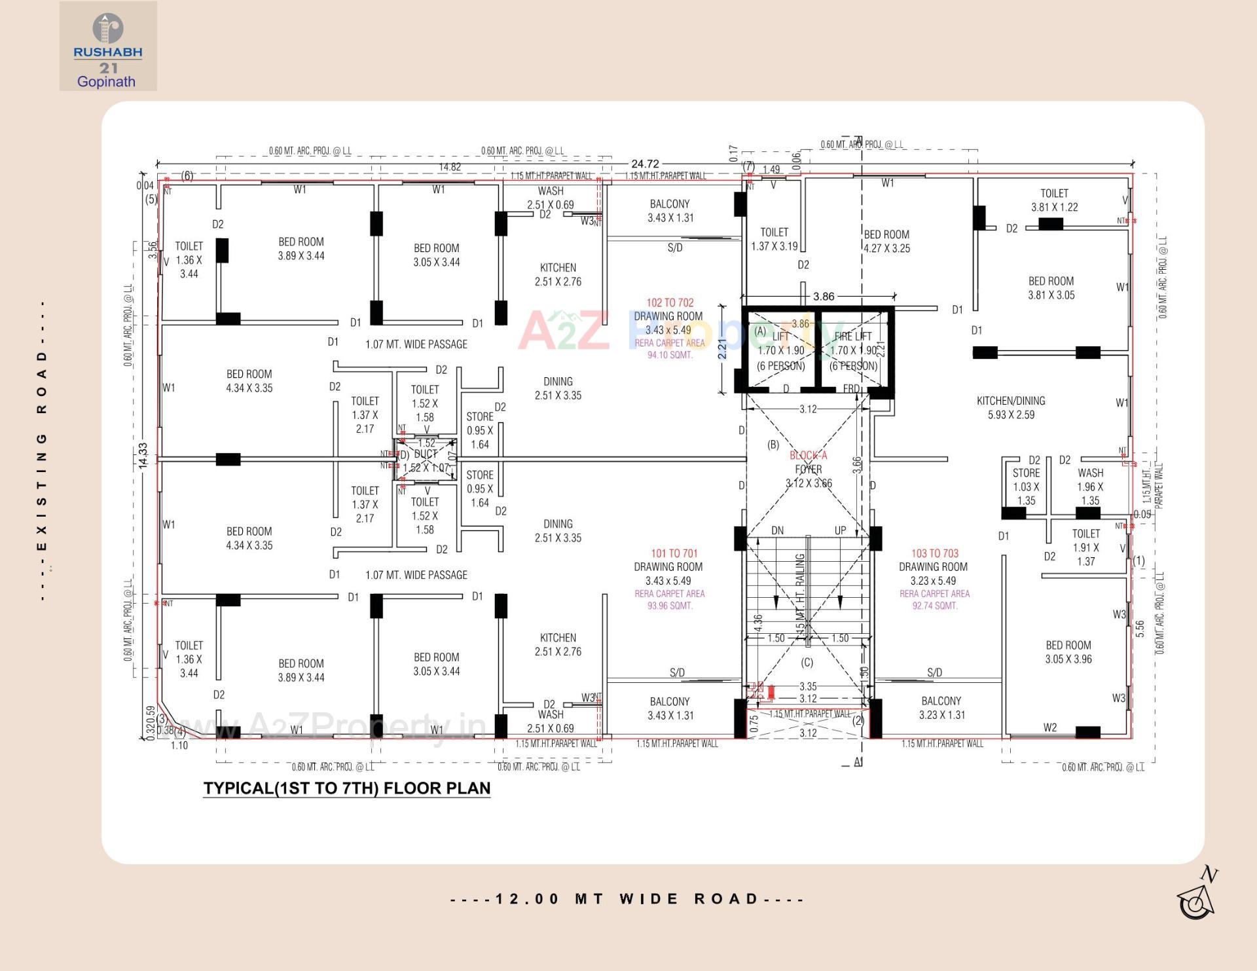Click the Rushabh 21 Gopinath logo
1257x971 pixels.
click(x=108, y=46)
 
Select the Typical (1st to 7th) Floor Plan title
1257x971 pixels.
click(x=346, y=788)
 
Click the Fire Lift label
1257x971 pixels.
click(x=852, y=337)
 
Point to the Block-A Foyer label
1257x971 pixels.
click(x=809, y=463)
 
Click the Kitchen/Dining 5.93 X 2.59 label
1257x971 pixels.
click(x=1011, y=407)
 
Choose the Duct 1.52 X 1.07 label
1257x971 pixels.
click(x=426, y=461)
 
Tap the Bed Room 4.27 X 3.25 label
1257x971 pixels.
click(x=886, y=242)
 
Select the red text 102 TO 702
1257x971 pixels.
click(x=669, y=302)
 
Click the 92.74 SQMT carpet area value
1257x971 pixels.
click(x=934, y=606)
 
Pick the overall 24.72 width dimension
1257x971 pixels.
click(x=645, y=164)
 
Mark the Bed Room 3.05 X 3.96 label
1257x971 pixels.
click(x=1068, y=652)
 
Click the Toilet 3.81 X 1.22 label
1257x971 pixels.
click(x=1054, y=200)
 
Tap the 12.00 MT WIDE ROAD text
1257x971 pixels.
click(x=627, y=899)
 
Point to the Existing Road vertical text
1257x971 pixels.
click(x=42, y=452)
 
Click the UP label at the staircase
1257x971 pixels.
click(x=840, y=530)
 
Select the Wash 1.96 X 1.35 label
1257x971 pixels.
click(x=1090, y=486)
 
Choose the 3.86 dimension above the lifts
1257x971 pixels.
click(x=824, y=297)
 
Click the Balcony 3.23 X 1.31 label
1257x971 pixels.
click(x=941, y=708)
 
